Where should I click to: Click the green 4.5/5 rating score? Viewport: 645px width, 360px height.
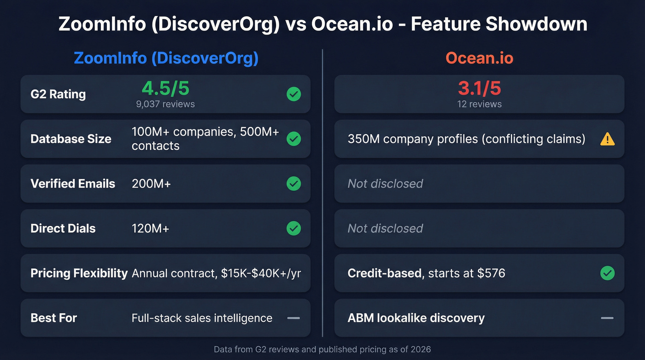click(165, 88)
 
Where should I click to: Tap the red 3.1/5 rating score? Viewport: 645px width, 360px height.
click(479, 88)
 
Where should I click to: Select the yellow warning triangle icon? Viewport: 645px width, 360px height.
click(607, 139)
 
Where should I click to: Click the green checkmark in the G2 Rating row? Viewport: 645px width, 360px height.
click(293, 94)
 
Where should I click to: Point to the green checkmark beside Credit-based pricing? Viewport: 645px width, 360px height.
click(607, 273)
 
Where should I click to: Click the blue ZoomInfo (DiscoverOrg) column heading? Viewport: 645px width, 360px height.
click(166, 58)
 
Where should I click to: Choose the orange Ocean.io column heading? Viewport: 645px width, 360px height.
click(479, 58)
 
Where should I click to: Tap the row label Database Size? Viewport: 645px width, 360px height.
click(71, 139)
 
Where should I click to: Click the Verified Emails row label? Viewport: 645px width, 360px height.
click(73, 183)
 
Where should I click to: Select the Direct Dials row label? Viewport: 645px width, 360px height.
click(63, 228)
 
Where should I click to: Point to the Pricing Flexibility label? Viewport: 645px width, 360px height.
click(79, 273)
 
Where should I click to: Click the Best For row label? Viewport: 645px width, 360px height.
click(53, 318)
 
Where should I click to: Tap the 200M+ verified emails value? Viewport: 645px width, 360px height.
click(151, 183)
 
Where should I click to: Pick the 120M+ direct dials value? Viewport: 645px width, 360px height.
click(150, 228)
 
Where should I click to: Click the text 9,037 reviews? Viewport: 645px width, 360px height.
click(165, 104)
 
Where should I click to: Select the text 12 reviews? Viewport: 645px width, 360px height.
click(479, 104)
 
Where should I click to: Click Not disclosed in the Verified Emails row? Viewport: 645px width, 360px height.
click(385, 183)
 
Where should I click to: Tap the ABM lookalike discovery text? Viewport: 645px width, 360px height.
click(416, 318)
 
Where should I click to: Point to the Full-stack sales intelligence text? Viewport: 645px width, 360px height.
click(202, 318)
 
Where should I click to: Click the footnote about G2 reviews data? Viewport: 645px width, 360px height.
click(322, 349)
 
